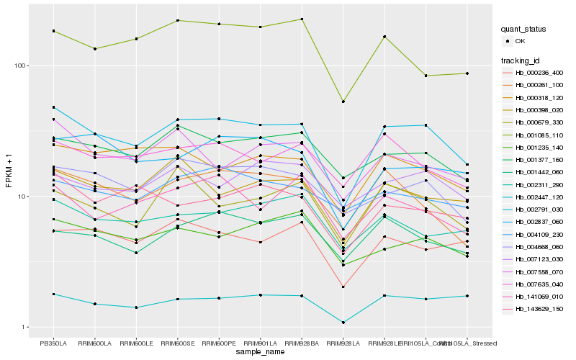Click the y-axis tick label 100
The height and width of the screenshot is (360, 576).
pos(22,66)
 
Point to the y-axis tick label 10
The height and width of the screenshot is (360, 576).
pos(23,197)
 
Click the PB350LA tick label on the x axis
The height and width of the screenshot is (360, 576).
pos(53,343)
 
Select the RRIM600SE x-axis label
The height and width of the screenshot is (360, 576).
pos(177,343)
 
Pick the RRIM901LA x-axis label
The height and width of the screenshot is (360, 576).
pos(260,343)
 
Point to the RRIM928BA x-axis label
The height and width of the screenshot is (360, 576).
pos(302,343)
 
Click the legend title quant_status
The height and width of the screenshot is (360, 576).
pos(524,30)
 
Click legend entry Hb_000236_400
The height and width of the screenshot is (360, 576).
pos(539,73)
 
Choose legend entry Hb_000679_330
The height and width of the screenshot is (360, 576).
pos(539,122)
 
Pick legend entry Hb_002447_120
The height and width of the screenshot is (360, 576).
pos(539,197)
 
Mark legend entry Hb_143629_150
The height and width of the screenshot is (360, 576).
pos(539,309)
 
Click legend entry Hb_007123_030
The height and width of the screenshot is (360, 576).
pos(539,259)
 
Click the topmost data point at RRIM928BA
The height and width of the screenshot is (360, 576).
pos(302,19)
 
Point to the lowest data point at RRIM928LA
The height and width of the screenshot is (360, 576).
pos(343,323)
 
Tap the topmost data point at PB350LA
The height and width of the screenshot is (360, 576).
pos(53,31)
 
